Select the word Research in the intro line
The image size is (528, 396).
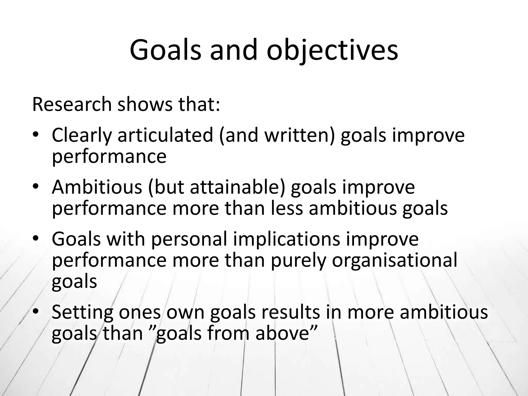click(72, 104)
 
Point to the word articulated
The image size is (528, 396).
click(165, 136)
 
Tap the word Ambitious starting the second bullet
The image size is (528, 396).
click(97, 187)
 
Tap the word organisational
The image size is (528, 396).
click(394, 260)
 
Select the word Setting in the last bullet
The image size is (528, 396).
click(82, 312)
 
